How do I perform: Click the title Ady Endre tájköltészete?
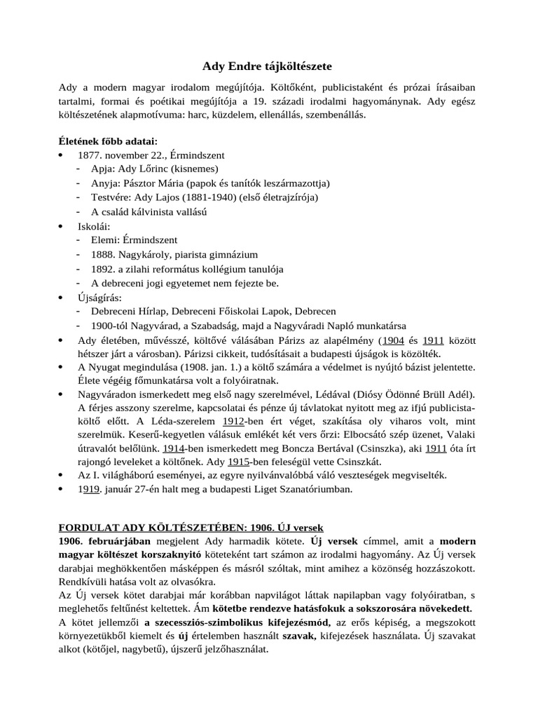click(267, 67)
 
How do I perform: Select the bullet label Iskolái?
click(94, 226)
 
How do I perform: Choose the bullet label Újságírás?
click(99, 298)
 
